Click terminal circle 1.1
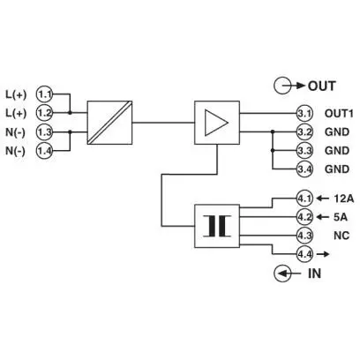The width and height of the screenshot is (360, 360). click(x=45, y=94)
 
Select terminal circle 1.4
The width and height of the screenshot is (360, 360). click(x=45, y=151)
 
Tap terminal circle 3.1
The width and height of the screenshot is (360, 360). click(x=304, y=113)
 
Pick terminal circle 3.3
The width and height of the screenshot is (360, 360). click(x=304, y=151)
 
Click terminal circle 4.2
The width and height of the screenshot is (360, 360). click(x=304, y=217)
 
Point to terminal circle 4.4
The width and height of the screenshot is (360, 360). click(x=304, y=254)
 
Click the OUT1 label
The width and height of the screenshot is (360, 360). click(x=339, y=113)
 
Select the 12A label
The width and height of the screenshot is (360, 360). click(x=344, y=199)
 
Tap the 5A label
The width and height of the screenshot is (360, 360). click(x=341, y=217)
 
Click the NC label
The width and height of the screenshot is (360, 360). click(x=341, y=236)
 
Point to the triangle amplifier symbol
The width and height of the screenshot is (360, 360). click(x=216, y=123)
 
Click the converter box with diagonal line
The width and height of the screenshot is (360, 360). click(x=109, y=123)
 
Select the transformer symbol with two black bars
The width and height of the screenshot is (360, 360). click(x=217, y=226)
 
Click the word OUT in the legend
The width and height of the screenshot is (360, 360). click(x=322, y=86)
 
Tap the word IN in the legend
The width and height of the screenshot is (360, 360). click(x=314, y=274)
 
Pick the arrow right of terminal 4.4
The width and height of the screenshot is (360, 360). click(x=322, y=254)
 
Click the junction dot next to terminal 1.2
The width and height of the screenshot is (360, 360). click(x=70, y=113)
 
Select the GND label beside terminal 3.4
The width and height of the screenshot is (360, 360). click(x=337, y=169)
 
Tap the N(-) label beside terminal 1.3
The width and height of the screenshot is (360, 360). click(x=16, y=132)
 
